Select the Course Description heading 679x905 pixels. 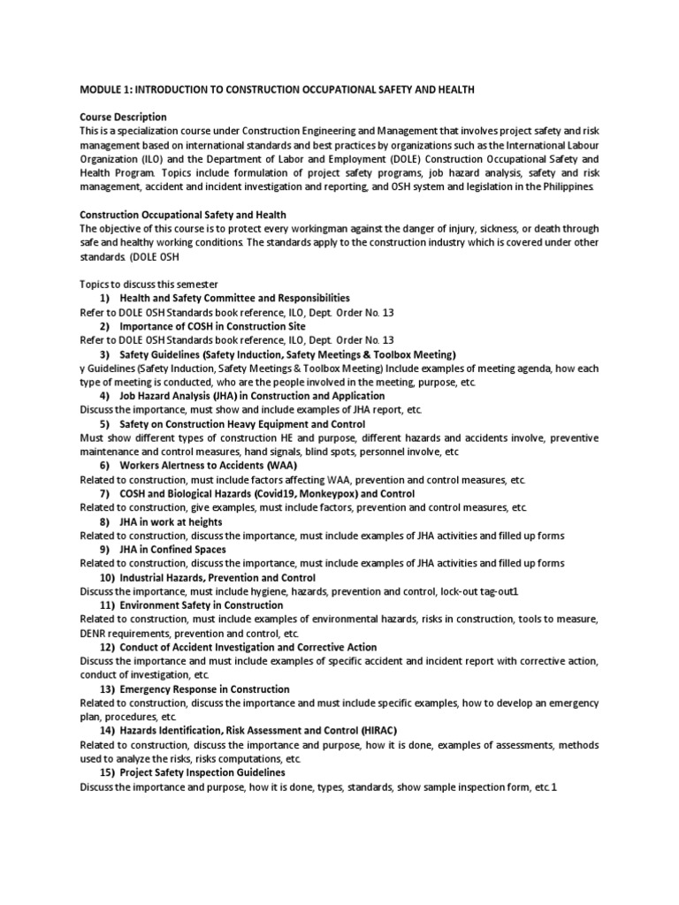(x=123, y=118)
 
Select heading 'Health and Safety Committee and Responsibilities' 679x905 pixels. (x=234, y=298)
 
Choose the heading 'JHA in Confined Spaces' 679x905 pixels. (x=172, y=549)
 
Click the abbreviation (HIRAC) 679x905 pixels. (x=379, y=731)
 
